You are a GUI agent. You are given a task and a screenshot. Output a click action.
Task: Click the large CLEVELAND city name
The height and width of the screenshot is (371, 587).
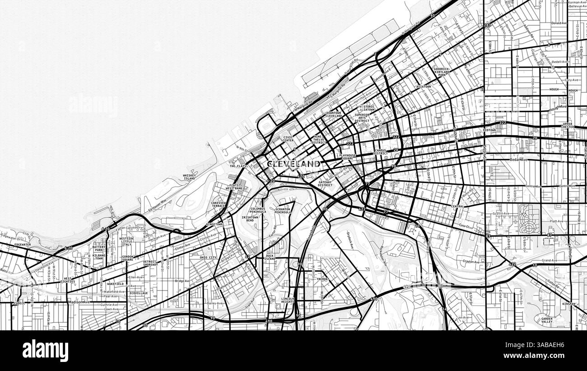tap(293, 164)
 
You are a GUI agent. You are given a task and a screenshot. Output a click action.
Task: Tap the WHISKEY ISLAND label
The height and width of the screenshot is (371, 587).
tap(189, 177)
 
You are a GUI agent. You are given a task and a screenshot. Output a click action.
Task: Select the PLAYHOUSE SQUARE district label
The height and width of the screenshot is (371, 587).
tap(348, 157)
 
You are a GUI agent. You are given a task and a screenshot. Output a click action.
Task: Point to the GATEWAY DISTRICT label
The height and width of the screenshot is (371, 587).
tap(325, 183)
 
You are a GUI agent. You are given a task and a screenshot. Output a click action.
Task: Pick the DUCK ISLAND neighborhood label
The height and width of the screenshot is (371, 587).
tap(270, 257)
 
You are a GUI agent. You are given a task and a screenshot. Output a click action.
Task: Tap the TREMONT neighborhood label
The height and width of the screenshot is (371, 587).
tap(322, 279)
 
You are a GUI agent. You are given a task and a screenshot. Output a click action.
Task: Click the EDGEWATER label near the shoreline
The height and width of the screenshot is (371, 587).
tap(23, 244)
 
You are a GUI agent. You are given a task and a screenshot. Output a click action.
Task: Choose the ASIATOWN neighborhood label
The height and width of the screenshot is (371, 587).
tap(424, 86)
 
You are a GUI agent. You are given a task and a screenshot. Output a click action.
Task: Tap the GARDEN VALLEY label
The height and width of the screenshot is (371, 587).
tap(546, 320)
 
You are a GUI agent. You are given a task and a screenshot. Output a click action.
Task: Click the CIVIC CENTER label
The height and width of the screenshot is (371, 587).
tap(289, 139)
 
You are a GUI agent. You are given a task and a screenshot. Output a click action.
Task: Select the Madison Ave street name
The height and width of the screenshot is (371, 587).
tap(79, 302)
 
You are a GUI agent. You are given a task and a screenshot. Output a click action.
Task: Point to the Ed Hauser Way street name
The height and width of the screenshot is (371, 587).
tap(158, 204)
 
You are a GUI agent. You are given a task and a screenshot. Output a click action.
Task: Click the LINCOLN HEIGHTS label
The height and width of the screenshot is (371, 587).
tap(288, 300)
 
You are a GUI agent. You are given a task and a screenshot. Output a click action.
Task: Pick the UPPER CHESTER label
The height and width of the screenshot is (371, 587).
tap(568, 125)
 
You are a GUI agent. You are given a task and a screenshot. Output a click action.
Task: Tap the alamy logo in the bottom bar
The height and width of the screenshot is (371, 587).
tap(45, 351)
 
